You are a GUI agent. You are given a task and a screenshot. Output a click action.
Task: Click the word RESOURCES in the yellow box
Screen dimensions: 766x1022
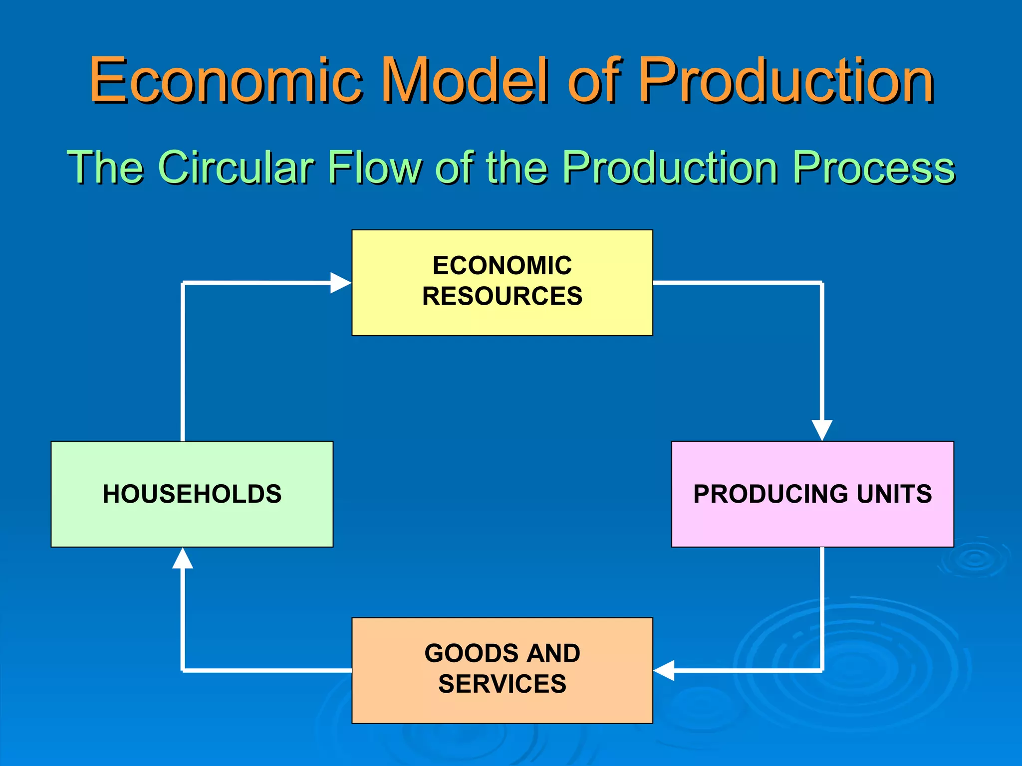coord(502,296)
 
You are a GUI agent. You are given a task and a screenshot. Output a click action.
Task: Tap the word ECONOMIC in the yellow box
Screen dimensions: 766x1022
coord(502,265)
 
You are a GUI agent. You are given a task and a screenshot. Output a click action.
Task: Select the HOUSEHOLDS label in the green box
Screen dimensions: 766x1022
coord(192,494)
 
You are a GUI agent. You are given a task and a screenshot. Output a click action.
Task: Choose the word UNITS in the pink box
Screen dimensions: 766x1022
coord(894,494)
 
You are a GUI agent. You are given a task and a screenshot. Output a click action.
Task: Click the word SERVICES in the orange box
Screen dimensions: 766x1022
coord(502,684)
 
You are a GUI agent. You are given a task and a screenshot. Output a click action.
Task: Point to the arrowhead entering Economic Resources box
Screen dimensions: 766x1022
coord(341,283)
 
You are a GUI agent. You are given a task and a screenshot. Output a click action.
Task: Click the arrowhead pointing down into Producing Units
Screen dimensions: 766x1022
coord(822,430)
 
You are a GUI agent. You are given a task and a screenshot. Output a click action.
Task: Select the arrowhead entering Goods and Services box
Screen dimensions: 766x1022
coord(664,670)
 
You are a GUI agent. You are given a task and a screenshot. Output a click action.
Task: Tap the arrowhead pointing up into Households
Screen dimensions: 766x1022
coord(183,559)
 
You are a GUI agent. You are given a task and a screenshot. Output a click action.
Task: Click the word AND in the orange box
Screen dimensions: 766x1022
coord(553,653)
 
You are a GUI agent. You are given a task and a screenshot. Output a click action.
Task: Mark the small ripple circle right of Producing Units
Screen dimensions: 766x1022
coord(974,559)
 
